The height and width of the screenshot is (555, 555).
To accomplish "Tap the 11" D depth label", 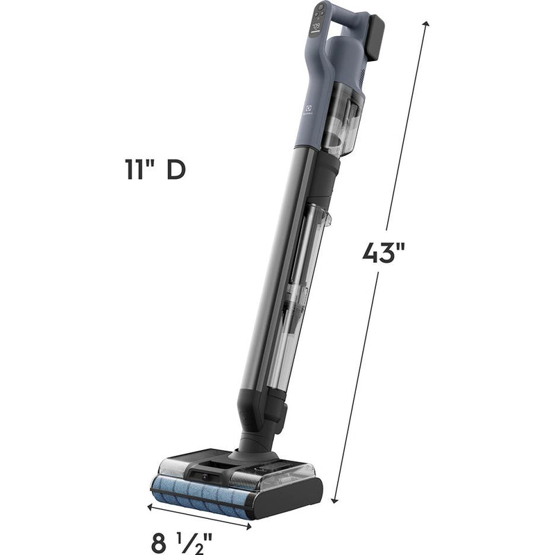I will (151, 170).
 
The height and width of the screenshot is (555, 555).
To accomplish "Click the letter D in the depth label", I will (176, 170).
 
